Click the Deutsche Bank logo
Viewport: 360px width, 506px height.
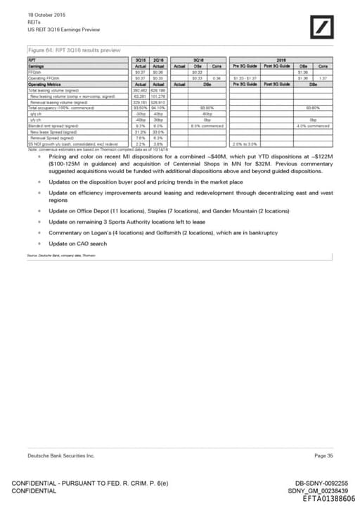pos(324,29)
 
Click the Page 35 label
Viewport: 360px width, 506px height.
pos(324,456)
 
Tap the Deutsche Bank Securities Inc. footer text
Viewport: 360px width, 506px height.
pos(60,456)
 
